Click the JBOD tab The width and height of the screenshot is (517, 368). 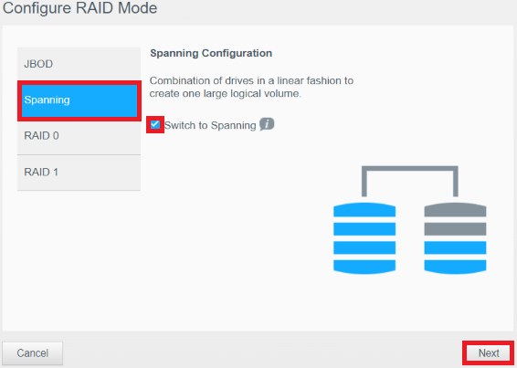coord(79,64)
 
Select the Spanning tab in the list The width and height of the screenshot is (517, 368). coord(79,100)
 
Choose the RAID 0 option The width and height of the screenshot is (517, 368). coord(79,136)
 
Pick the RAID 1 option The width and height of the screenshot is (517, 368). coord(79,172)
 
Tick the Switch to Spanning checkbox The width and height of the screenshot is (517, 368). coord(155,124)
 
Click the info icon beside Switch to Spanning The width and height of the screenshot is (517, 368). coord(267,124)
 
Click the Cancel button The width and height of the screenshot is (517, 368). coord(32,353)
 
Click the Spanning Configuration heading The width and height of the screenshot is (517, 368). coord(211,53)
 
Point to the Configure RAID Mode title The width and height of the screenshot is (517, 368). coord(79,8)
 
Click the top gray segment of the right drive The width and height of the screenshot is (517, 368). coord(455,210)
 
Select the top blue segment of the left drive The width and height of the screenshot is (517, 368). coord(364,210)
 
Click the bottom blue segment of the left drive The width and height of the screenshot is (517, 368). coord(364,267)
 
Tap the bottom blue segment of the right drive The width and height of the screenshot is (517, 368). coord(455,267)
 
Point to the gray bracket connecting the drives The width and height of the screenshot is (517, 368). coord(410,169)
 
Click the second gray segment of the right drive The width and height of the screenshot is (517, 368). coord(455,229)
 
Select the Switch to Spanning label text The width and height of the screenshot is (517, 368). coord(210,125)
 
